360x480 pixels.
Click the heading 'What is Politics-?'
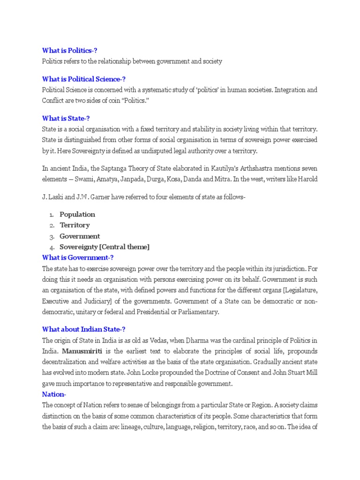pos(70,51)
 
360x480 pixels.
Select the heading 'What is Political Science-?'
pos(84,79)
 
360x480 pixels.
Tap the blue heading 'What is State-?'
pos(66,119)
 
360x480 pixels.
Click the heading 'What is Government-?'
pos(78,257)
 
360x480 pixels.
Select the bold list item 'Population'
pos(77,214)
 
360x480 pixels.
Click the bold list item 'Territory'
pos(75,225)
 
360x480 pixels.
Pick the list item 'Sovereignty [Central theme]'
pos(105,247)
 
